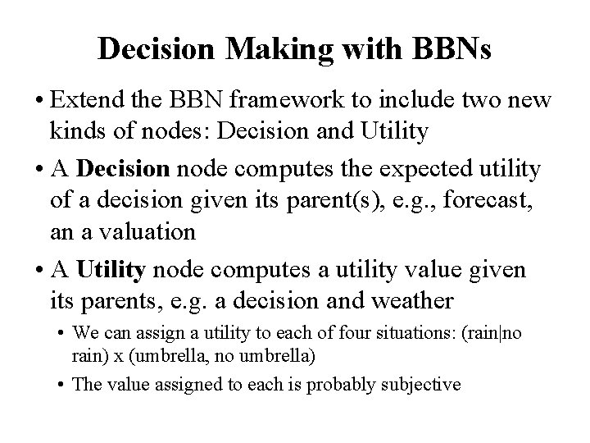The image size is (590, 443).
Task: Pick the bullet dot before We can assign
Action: point(63,335)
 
